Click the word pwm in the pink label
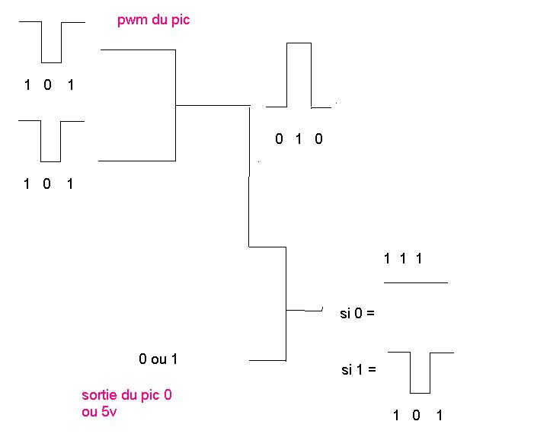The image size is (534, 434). [x=130, y=21]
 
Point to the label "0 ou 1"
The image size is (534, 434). [x=158, y=358]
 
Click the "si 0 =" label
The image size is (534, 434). [x=357, y=312]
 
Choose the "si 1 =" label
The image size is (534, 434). [x=357, y=371]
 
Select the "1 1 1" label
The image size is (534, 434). [x=403, y=259]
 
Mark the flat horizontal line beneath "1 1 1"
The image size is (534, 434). [x=416, y=282]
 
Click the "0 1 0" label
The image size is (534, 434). [x=299, y=139]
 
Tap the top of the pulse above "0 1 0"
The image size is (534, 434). [x=299, y=43]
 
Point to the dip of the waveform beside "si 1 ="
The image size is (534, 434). [x=420, y=392]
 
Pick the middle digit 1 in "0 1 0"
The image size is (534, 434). [x=299, y=139]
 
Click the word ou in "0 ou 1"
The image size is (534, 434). [x=158, y=358]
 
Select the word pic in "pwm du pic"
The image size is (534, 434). [x=181, y=21]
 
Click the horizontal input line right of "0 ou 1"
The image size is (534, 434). [x=267, y=359]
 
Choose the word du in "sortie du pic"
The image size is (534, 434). [x=133, y=395]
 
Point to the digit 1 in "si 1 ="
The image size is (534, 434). [x=357, y=371]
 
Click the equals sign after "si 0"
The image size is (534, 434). [x=371, y=313]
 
